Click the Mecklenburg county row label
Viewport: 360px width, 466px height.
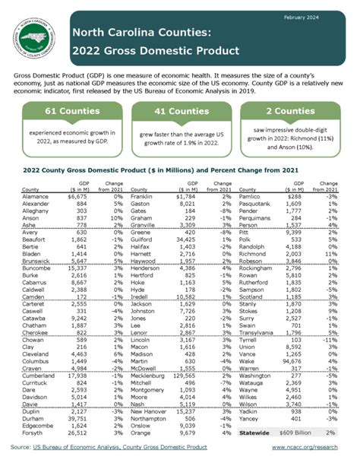point(150,396)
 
